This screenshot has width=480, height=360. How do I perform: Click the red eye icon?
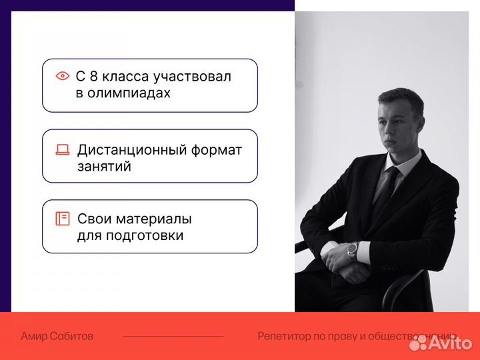point(63,76)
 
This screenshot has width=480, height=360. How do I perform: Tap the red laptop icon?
point(63,150)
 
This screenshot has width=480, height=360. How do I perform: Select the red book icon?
point(63,219)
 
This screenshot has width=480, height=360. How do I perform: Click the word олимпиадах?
point(123,93)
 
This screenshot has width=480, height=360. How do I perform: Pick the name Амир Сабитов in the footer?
point(57,337)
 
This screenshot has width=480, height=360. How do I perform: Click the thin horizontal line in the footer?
point(173,337)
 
